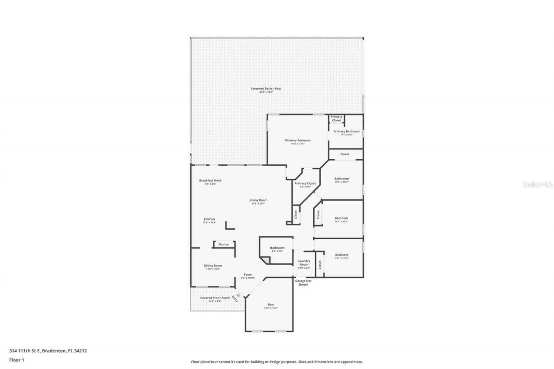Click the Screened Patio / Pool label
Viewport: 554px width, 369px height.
266,89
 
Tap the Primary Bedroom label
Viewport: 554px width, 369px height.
297,140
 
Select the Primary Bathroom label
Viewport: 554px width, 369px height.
346,132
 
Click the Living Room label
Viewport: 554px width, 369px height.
258,200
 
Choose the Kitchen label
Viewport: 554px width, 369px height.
209,219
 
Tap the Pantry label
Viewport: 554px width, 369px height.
223,244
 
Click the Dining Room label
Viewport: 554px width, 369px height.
213,266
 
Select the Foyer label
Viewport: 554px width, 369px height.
248,275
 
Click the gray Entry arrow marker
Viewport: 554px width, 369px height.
237,294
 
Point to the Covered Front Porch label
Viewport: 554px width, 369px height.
215,298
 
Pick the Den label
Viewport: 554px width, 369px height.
271,305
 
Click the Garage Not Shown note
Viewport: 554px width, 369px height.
303,282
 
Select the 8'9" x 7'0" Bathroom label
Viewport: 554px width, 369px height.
277,248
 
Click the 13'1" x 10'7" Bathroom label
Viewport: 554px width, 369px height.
341,179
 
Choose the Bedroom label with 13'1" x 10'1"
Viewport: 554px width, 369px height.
341,218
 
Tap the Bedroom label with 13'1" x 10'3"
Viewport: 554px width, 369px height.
341,255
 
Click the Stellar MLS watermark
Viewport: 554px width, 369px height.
538,184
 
